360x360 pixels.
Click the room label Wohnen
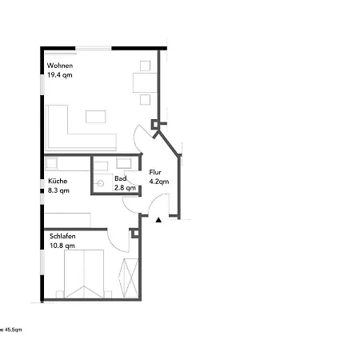pos(60,65)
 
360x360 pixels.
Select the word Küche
pos(57,181)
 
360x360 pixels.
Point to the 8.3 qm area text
pos(58,190)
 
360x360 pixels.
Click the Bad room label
pos(121,178)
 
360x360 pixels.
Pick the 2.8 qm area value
pos(124,187)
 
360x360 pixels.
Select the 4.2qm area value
pos(158,182)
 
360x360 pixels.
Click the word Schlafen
pos(63,237)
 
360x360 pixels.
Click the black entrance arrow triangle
pos(158,218)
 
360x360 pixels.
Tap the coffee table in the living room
pos(96,116)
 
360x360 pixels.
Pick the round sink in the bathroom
pos(101,182)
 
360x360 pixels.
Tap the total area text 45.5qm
pos(11,330)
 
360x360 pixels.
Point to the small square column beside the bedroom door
pos(134,233)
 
